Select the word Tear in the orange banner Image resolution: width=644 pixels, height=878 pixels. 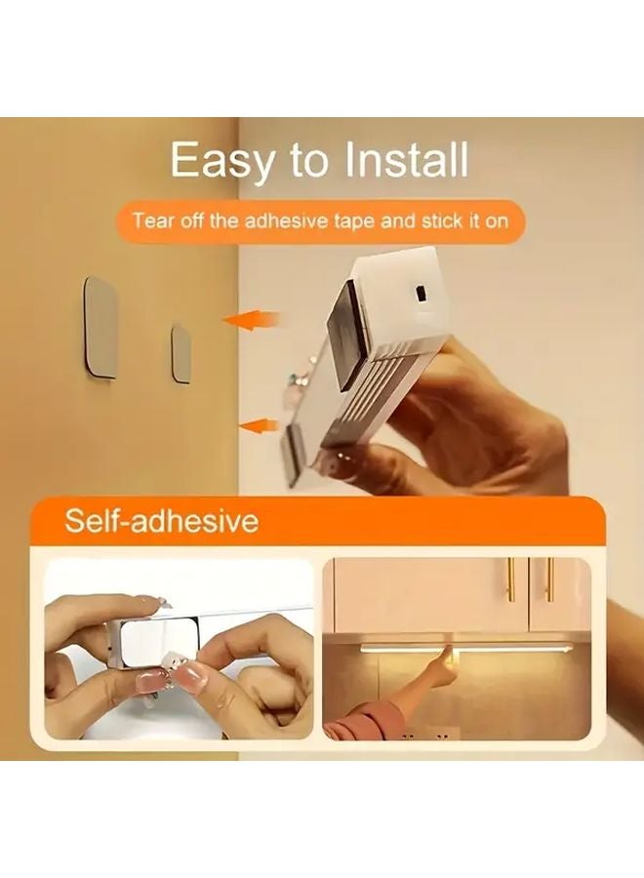click(x=152, y=220)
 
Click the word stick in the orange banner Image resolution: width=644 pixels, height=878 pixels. click(x=441, y=220)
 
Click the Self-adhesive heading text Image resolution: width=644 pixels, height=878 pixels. click(x=161, y=520)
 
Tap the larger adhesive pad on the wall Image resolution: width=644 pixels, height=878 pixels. click(x=100, y=327)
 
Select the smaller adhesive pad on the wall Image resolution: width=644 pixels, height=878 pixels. click(x=181, y=352)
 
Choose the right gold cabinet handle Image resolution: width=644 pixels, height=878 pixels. click(x=548, y=580)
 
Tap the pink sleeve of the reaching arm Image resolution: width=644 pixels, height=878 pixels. click(x=363, y=722)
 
